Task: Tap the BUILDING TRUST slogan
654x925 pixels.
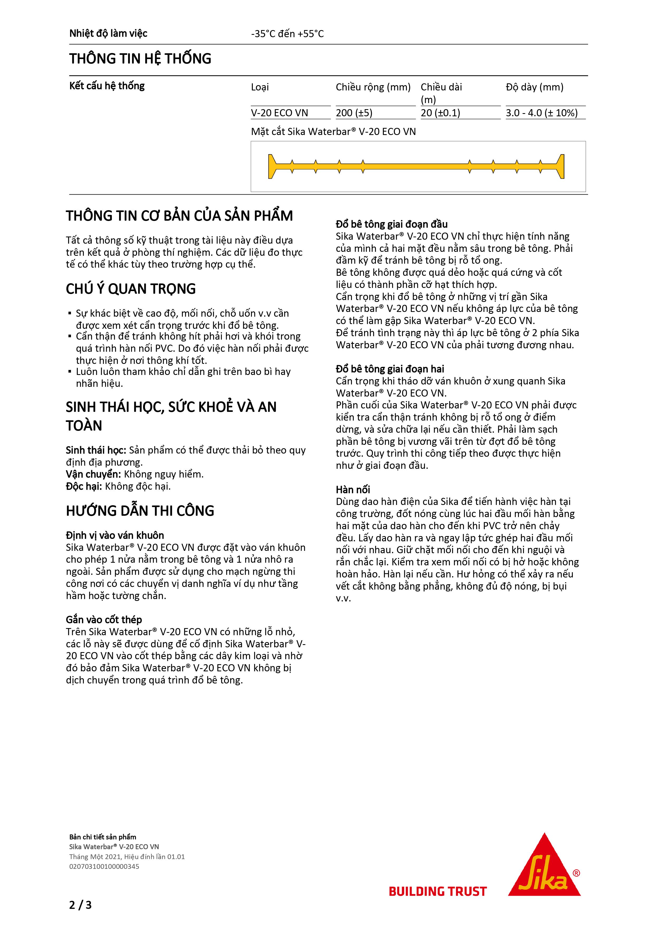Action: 438,891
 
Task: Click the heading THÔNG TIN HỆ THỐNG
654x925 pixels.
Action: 140,59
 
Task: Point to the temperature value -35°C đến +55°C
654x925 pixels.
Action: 287,34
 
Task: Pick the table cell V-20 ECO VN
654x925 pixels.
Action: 279,113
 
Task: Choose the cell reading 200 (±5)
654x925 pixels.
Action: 354,113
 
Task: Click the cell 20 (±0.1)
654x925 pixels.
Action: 440,113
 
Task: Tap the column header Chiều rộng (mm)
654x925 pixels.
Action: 373,87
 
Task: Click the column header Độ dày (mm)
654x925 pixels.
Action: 534,87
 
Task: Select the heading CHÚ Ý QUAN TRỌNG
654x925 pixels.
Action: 131,289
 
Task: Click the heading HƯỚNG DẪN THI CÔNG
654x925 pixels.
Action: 140,511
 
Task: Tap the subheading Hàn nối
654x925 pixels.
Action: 353,489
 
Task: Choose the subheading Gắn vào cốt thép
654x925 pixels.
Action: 104,620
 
